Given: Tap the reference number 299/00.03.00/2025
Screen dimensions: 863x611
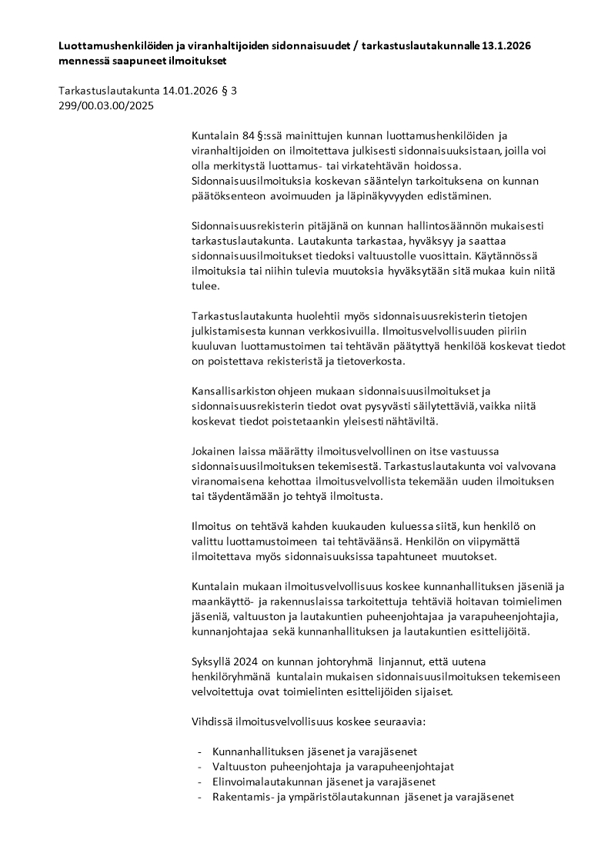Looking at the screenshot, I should [106, 106].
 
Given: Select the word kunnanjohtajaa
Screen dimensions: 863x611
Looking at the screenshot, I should [229, 631].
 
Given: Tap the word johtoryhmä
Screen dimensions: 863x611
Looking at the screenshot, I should [342, 661].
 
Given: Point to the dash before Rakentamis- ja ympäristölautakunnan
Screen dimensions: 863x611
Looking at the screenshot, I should [200, 797].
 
